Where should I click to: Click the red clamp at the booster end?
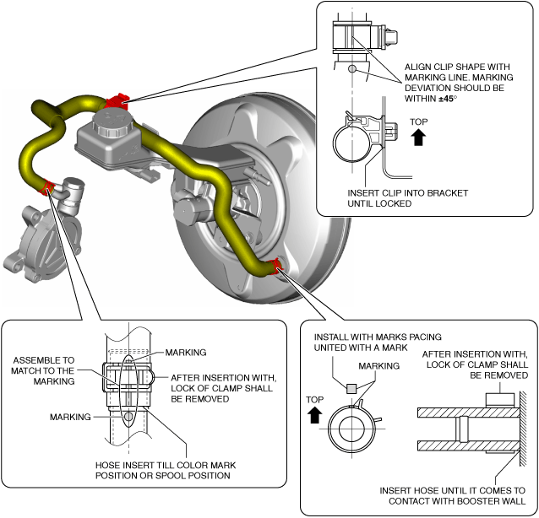[275, 268]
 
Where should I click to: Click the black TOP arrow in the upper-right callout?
[417, 136]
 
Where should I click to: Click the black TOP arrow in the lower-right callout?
[314, 414]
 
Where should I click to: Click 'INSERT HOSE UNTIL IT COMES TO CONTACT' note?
[452, 495]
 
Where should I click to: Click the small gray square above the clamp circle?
[351, 387]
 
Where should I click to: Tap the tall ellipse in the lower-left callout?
[126, 391]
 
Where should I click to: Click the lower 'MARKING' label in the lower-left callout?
[69, 416]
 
